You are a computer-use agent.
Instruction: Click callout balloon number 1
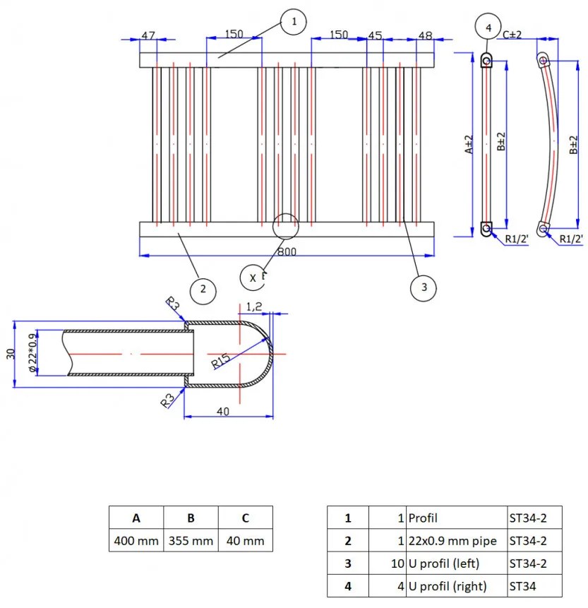[293, 22]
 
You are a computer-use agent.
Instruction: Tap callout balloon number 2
[203, 288]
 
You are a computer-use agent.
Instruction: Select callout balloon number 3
[424, 287]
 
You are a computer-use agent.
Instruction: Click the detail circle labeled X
[253, 278]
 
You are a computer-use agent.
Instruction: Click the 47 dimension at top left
[148, 35]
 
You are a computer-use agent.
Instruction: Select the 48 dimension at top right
[425, 35]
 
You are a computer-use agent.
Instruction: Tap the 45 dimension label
[375, 35]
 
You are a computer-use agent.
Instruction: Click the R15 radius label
[220, 361]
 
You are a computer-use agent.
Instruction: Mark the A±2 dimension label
[468, 145]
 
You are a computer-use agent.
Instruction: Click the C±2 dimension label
[512, 35]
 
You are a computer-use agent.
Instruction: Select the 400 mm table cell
[136, 541]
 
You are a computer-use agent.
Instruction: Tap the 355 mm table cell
[191, 541]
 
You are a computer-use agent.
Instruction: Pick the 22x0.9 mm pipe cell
[452, 541]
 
